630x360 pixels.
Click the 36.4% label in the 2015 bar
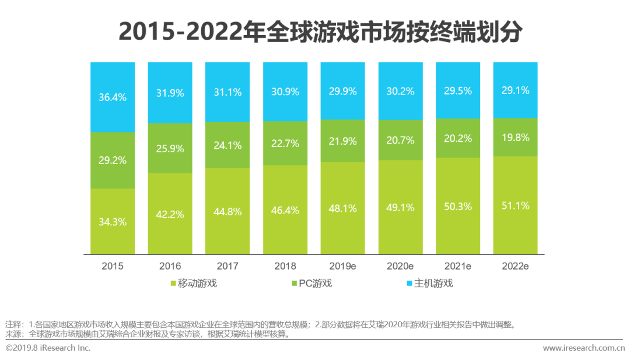point(113,97)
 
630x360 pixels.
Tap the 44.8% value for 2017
point(228,212)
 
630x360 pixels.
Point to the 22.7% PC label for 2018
point(285,143)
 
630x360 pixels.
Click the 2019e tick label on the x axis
point(342,266)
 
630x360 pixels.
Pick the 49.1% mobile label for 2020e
point(400,207)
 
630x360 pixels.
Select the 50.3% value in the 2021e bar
point(458,205)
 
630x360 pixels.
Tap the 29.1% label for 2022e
point(515,90)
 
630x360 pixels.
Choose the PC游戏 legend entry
point(315,284)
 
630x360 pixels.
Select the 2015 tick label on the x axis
point(113,266)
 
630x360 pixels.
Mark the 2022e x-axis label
point(515,266)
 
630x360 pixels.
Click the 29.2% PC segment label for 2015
point(113,160)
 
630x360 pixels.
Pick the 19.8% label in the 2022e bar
point(515,138)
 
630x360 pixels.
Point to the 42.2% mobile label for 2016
point(170,214)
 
